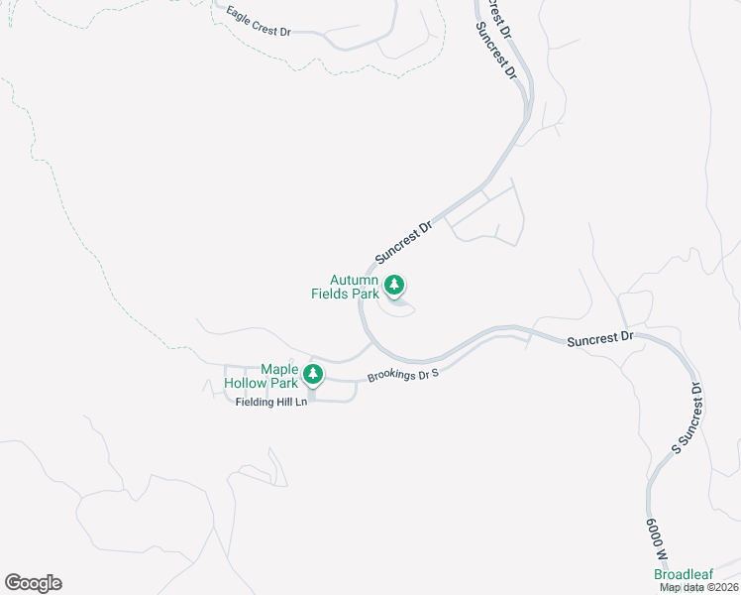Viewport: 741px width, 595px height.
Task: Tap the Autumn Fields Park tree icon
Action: coord(394,287)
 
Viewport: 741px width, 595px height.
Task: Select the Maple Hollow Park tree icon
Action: coord(313,374)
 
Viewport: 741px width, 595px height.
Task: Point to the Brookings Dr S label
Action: coord(402,375)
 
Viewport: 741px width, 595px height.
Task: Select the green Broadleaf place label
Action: coord(684,575)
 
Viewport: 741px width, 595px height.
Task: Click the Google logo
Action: coord(33,583)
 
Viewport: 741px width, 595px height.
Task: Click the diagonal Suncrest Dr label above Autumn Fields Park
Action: coord(404,242)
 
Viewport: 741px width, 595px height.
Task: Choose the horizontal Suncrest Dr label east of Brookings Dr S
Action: coord(600,339)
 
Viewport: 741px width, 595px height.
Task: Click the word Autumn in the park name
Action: coord(354,281)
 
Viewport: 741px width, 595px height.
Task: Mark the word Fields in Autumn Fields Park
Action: coord(332,294)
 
